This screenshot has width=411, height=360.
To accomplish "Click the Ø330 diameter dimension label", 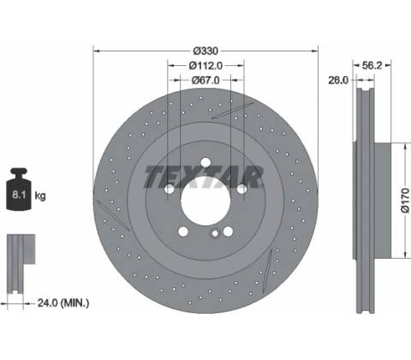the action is click(x=205, y=51).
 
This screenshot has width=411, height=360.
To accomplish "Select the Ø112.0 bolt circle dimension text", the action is click(x=205, y=66).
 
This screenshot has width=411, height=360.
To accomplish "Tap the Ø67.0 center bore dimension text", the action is click(x=205, y=81).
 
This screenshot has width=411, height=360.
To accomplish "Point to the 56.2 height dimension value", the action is click(x=372, y=65).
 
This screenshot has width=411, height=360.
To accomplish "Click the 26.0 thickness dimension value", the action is click(x=338, y=81).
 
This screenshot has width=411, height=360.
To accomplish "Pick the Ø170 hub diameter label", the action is click(x=405, y=200).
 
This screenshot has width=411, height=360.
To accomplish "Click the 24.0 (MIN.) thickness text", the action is click(x=63, y=303).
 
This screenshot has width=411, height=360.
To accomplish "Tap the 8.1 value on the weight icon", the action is click(x=19, y=195).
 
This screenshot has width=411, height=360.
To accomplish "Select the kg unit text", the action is click(x=40, y=196).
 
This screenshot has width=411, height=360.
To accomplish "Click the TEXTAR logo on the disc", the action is click(x=203, y=177).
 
